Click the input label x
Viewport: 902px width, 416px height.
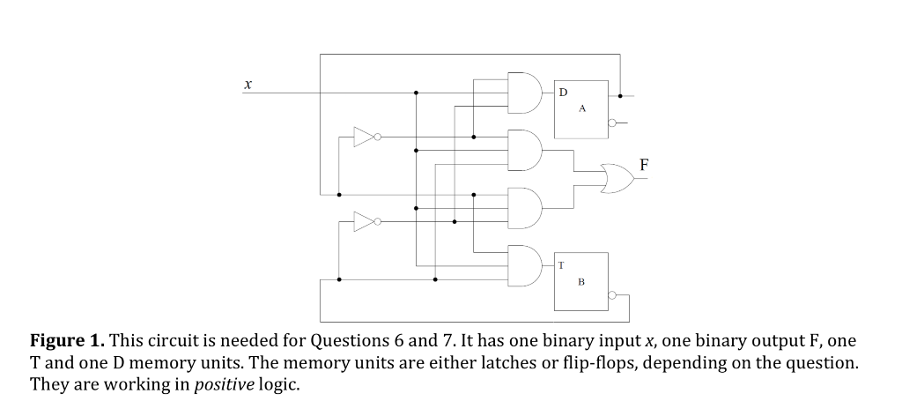pos(248,85)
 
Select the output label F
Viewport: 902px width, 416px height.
pos(645,164)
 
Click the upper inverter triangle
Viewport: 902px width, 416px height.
pos(365,137)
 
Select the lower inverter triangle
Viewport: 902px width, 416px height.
pos(365,220)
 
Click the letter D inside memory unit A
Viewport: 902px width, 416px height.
pos(564,92)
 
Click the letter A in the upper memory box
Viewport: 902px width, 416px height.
pos(581,109)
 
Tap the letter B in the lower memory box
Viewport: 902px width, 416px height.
pos(581,282)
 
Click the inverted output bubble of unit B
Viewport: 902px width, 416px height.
pos(613,297)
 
